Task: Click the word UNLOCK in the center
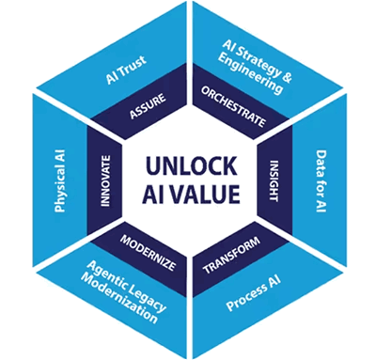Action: (191, 165)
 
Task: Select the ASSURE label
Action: (148, 106)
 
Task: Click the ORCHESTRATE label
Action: (234, 107)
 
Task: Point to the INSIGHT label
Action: (274, 180)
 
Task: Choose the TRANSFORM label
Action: (231, 255)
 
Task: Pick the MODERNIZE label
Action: (148, 253)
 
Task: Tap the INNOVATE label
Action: (105, 180)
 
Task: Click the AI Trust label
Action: (126, 70)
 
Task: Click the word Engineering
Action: (250, 74)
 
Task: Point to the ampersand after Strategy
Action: (287, 77)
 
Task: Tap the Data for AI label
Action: (321, 181)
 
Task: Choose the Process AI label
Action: (253, 293)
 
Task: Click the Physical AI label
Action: (59, 180)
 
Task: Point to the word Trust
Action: (133, 66)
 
